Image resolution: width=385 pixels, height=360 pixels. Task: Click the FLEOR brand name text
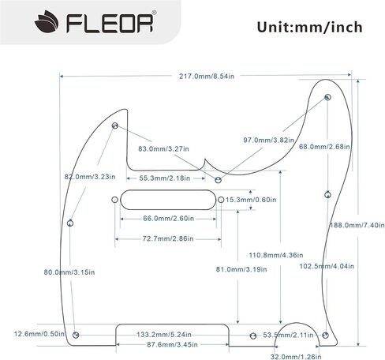point(110,24)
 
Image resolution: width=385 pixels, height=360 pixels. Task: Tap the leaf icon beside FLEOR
point(47,22)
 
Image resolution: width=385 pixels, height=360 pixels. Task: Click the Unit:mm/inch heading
point(310,27)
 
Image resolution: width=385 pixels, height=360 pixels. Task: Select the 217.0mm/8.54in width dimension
point(207,77)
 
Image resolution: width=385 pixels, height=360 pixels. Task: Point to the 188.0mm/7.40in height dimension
point(357,225)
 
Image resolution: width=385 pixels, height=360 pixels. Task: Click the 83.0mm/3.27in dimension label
point(163,149)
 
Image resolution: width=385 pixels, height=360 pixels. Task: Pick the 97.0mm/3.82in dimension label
point(268,140)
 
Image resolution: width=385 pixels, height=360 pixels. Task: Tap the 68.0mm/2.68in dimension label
point(324,147)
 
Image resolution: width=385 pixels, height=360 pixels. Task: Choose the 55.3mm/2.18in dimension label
point(165,178)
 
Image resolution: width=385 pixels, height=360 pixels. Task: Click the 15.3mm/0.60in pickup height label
point(251,200)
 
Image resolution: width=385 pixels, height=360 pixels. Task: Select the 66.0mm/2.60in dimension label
point(168,219)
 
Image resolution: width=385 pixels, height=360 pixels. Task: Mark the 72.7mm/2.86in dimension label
point(168,238)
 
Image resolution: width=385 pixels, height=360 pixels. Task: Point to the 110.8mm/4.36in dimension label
point(276,255)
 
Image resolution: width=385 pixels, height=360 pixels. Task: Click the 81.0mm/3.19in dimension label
point(241,269)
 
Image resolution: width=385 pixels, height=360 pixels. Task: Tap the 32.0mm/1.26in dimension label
point(296,357)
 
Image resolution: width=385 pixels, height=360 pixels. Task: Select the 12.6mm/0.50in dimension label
point(39,334)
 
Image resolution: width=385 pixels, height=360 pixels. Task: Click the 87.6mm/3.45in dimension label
point(172,344)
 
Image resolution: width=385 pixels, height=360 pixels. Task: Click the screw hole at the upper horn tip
point(327,97)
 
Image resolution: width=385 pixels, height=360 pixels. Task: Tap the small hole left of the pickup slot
point(114,200)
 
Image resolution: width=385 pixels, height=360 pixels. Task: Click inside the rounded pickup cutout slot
point(168,200)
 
